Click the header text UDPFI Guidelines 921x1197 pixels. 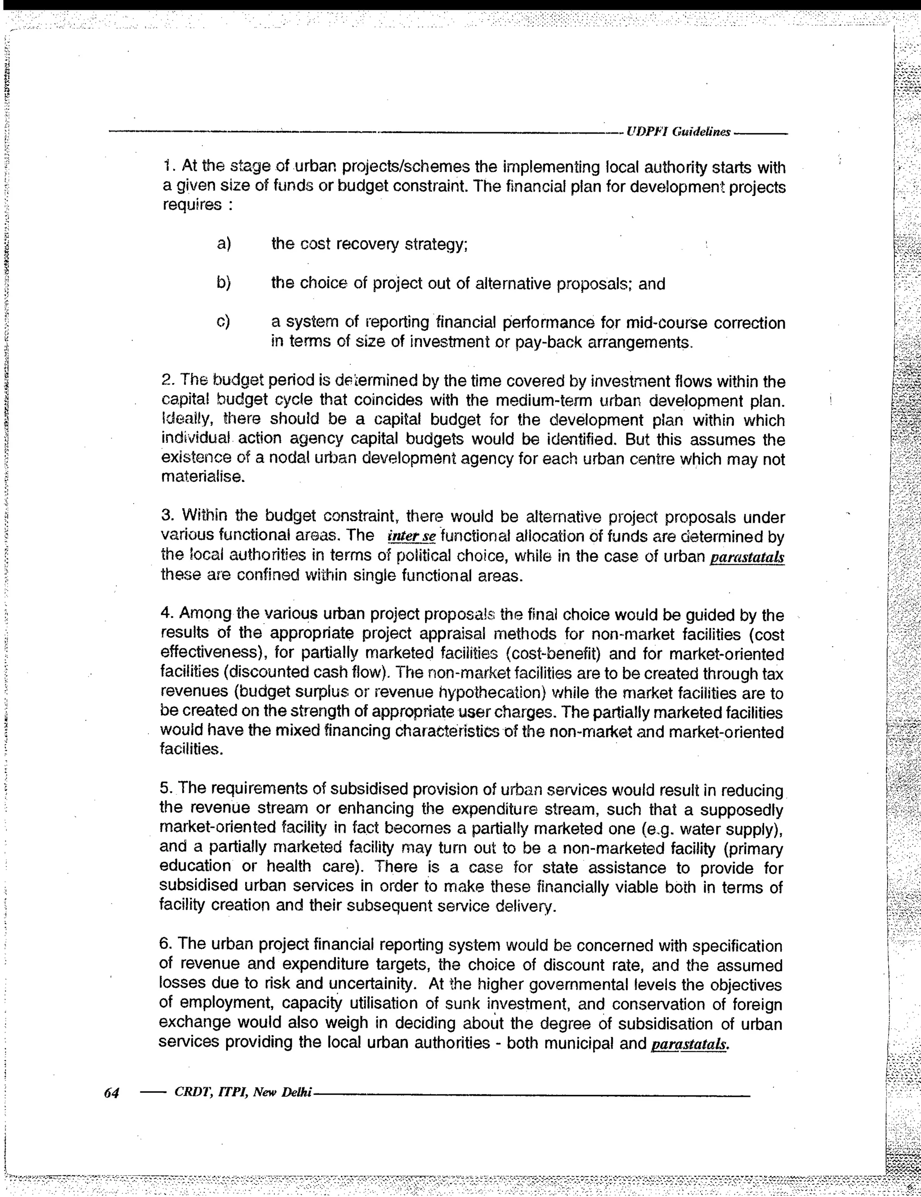[x=679, y=132]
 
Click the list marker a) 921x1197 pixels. [x=224, y=243]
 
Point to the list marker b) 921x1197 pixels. [x=224, y=283]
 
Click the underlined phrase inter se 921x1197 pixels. [x=411, y=536]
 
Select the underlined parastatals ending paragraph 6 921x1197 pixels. [x=690, y=1045]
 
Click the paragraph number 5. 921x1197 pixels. [x=165, y=789]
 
